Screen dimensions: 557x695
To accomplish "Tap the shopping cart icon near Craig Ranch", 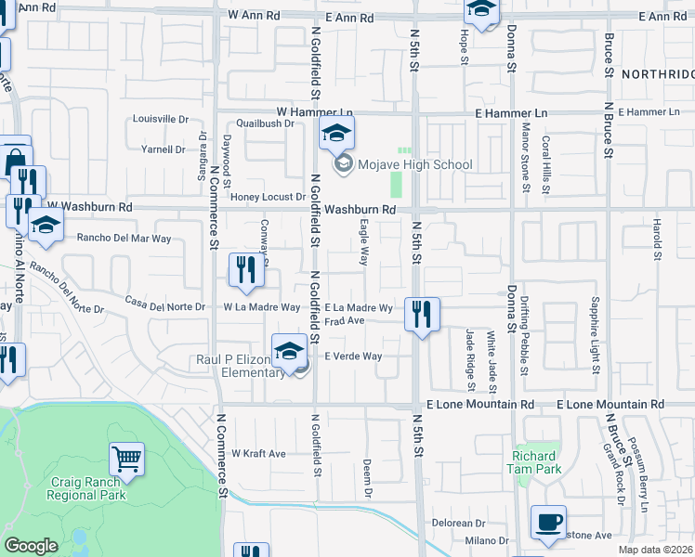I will coord(126,457).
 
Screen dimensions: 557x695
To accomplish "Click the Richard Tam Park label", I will coord(534,462).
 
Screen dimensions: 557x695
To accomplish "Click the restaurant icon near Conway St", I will coord(245,269).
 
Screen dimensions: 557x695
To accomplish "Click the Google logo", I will coord(31,546).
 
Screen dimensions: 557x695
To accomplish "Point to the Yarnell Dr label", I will coord(163,149).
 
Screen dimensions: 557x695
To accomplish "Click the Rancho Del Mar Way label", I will coord(124,238).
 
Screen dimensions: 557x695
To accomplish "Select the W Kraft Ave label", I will coord(258,453).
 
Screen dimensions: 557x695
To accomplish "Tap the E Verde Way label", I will coord(352,356).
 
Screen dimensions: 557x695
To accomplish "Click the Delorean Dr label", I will coord(466,523).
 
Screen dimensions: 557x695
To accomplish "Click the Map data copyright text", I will coord(655,550).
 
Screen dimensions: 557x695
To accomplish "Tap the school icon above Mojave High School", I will coord(336,134).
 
